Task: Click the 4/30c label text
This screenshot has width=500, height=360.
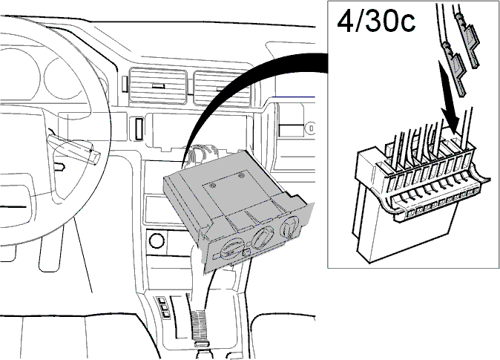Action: [376, 22]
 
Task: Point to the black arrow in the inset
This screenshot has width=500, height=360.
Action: [448, 96]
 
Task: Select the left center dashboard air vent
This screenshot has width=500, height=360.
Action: [158, 86]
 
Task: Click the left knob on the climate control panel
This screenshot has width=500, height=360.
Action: [229, 249]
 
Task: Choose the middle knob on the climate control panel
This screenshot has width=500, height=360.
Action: [263, 237]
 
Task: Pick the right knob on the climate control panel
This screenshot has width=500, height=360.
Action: [289, 228]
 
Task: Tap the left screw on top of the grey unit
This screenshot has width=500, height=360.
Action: [214, 185]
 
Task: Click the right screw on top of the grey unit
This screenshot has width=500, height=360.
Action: [242, 175]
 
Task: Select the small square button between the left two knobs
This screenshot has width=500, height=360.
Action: [246, 253]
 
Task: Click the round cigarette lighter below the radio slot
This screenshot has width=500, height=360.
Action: [157, 240]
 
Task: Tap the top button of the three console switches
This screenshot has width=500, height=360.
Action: [162, 301]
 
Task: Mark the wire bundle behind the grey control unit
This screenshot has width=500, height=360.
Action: [202, 154]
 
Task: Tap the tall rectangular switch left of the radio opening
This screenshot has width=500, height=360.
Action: [139, 128]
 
